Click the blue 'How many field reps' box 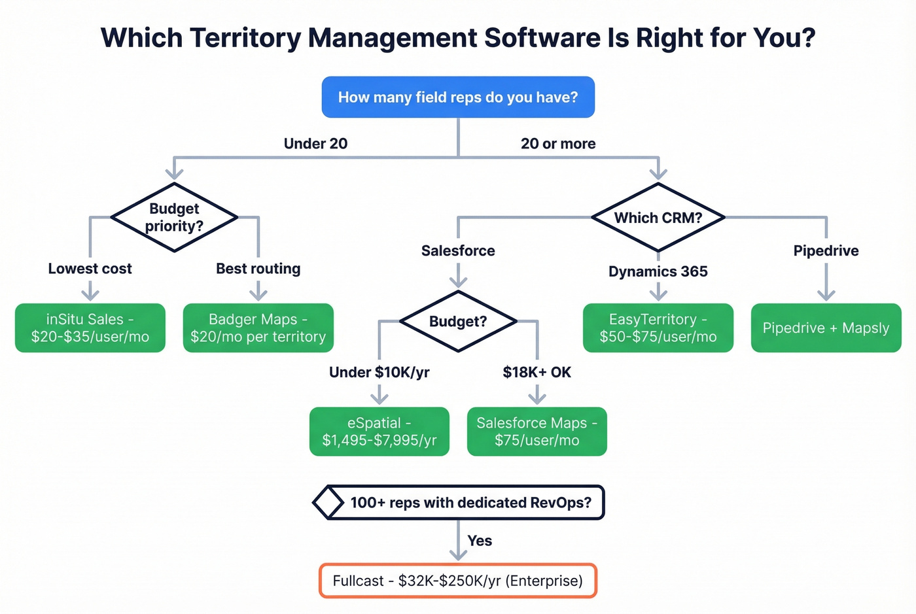[458, 97]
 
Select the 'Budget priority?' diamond [174, 217]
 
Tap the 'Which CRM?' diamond [658, 218]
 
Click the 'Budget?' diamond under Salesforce [458, 322]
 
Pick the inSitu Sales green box [90, 328]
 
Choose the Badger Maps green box [258, 328]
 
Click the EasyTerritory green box [658, 328]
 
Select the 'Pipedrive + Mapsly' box [826, 328]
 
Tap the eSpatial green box [379, 432]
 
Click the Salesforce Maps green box [537, 432]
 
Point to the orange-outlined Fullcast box [458, 581]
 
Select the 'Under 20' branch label [315, 144]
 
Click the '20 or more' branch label [558, 144]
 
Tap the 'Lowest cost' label [90, 269]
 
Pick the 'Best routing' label [258, 269]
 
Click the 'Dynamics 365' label [658, 271]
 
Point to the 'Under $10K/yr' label [379, 373]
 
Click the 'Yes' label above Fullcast [480, 541]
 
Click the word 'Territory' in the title [245, 38]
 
